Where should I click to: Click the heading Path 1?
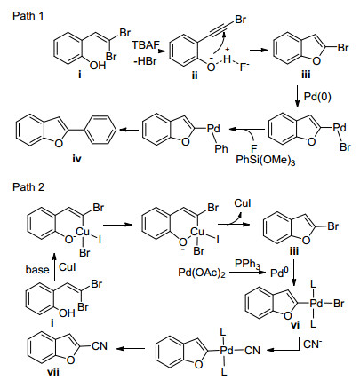coord(28,16)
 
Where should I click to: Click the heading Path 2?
coord(28,187)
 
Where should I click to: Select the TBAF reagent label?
coord(146,45)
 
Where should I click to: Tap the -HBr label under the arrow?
coord(145,61)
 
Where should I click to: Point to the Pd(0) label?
coord(317,97)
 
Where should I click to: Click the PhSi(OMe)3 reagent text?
coord(266,161)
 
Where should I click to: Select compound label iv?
coord(76,159)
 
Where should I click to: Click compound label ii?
coord(195,75)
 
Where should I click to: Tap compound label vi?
coord(295,325)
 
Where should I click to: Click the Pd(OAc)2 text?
coord(202,273)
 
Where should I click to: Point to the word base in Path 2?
coord(37,270)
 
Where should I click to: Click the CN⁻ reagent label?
coord(312,344)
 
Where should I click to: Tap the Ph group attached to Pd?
coord(221,148)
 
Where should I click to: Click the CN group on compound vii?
coord(100,346)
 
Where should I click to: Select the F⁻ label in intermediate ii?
coord(244,67)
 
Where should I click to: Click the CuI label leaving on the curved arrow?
coord(243,203)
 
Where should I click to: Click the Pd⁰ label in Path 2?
coord(279,273)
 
